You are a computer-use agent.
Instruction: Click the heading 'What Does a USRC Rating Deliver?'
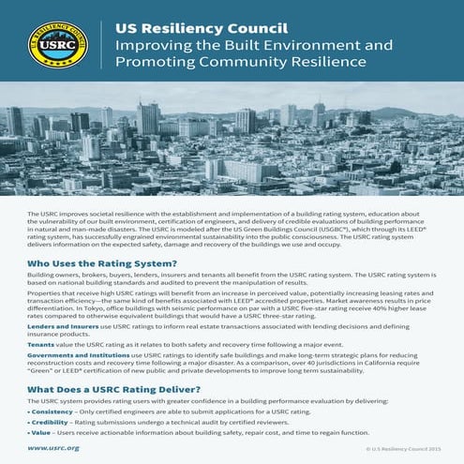pyautogui.click(x=112, y=387)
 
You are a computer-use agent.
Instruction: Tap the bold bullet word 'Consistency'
pyautogui.click(x=53, y=412)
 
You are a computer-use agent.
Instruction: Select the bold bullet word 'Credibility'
pyautogui.click(x=52, y=423)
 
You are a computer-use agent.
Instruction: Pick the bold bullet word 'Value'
pyautogui.click(x=41, y=435)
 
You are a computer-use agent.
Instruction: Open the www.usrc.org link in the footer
pyautogui.click(x=52, y=449)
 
